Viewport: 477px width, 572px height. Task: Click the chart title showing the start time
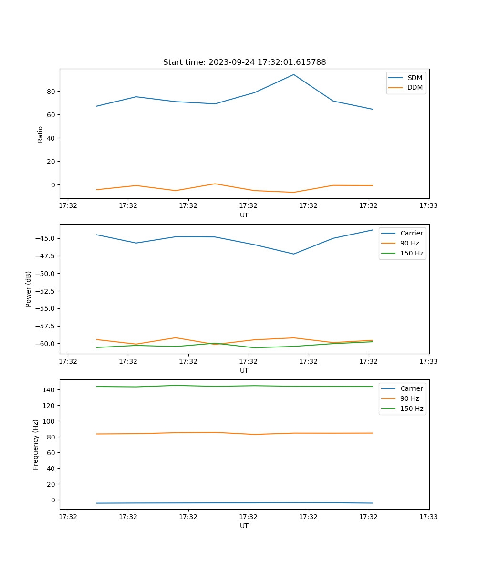244,62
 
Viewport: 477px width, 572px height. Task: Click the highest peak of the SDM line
294,74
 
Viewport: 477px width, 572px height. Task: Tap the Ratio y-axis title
41,134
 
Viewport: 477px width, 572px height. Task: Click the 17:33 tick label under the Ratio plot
429,206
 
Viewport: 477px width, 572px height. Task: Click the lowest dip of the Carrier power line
294,254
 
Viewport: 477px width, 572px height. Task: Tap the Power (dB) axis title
29,289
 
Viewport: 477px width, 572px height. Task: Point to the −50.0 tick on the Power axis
45,274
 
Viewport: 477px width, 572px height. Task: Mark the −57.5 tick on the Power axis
45,327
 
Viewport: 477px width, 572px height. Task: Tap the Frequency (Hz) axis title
36,444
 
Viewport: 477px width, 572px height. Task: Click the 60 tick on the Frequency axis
50,453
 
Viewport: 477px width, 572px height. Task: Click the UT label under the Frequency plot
244,526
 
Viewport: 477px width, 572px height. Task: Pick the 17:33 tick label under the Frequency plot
429,517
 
